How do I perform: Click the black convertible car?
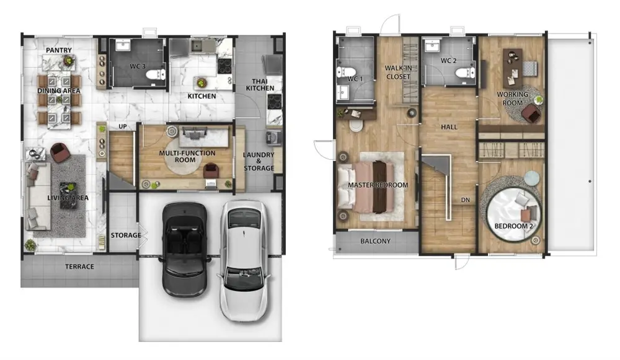185,249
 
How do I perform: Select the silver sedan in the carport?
244,260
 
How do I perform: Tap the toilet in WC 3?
156,74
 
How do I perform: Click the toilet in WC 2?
464,72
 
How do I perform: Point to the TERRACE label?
79,266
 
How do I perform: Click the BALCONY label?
375,241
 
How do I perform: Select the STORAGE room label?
126,235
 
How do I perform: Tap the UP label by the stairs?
123,126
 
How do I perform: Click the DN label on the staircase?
466,200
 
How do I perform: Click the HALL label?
449,127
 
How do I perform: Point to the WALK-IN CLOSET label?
398,72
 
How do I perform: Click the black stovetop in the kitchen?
224,66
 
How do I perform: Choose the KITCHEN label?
201,96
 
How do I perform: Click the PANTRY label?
58,50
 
